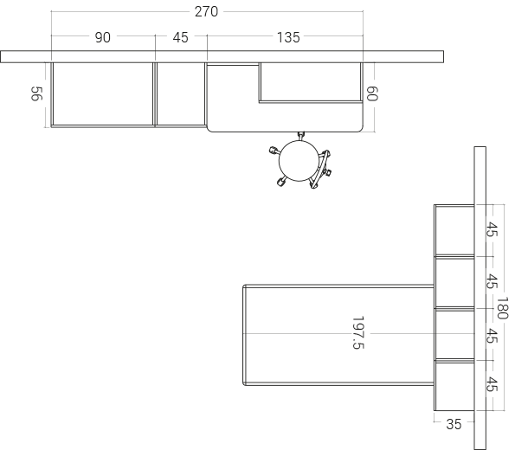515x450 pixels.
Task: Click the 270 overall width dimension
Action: (206, 12)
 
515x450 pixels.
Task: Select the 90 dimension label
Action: (103, 37)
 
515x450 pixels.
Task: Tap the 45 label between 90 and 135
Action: (180, 37)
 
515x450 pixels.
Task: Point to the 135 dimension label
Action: (288, 37)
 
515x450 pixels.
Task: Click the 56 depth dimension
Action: (36, 93)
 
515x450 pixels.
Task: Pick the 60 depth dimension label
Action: (372, 93)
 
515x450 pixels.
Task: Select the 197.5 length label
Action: (358, 332)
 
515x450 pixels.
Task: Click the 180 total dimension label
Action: (503, 308)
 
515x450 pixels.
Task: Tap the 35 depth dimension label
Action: (454, 424)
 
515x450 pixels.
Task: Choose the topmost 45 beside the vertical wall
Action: (492, 229)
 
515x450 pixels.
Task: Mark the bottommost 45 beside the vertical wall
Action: (492, 384)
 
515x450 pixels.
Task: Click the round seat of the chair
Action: (299, 161)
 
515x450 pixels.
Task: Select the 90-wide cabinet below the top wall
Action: (103, 94)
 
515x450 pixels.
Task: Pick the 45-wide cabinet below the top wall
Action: (181, 94)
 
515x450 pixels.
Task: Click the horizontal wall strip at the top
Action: (222, 56)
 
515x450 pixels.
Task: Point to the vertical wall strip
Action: (480, 298)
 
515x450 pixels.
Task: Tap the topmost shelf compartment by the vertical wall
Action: (454, 230)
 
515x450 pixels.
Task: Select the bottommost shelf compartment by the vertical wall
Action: (454, 386)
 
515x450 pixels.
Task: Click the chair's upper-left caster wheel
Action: (274, 151)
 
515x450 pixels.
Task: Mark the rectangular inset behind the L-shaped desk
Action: (311, 82)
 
